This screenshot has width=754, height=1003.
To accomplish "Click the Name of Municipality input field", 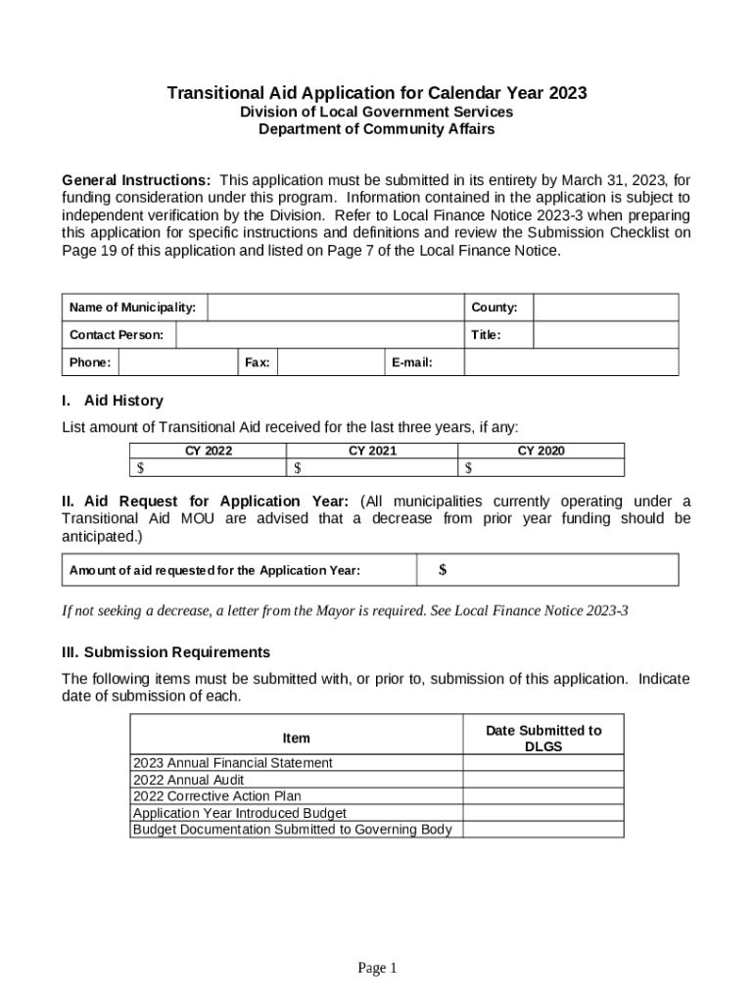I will click(x=334, y=309).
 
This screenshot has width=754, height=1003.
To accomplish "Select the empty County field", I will click(x=605, y=309).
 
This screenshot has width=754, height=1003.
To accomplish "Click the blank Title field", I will click(x=605, y=336).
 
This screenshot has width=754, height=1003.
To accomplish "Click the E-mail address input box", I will click(x=570, y=363).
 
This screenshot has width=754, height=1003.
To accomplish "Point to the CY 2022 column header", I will click(x=209, y=451).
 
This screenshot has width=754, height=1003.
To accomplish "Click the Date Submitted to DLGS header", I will click(x=543, y=738).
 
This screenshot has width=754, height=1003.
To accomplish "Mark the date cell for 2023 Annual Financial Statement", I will click(x=543, y=763).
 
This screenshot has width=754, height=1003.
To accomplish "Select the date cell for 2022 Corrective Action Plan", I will click(x=543, y=796).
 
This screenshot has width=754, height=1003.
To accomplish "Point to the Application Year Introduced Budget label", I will click(x=239, y=813).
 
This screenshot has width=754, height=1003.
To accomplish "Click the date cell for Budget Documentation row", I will click(x=543, y=830).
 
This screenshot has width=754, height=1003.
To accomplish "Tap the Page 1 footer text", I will click(x=377, y=969).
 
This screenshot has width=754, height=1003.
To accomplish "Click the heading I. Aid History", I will click(x=113, y=401).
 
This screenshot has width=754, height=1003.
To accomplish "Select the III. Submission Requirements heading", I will click(x=165, y=652).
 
